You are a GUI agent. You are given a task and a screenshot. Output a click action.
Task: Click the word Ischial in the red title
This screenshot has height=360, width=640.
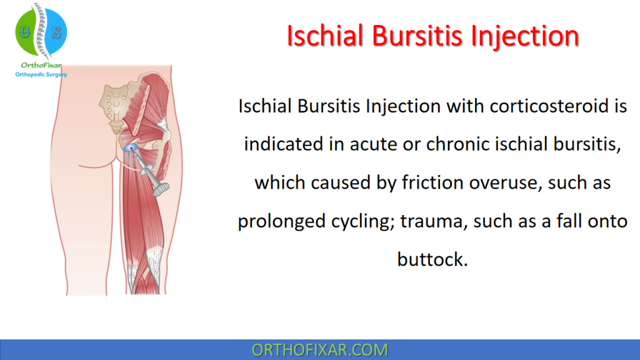(324, 36)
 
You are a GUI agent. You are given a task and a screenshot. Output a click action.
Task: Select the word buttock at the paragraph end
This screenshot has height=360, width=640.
(432, 259)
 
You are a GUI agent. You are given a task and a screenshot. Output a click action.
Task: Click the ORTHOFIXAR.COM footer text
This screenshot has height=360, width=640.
(319, 350)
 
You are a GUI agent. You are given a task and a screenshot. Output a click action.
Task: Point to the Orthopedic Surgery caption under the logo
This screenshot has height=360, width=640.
(41, 75)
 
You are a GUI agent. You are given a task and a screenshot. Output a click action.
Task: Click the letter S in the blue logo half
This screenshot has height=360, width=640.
(56, 31)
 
